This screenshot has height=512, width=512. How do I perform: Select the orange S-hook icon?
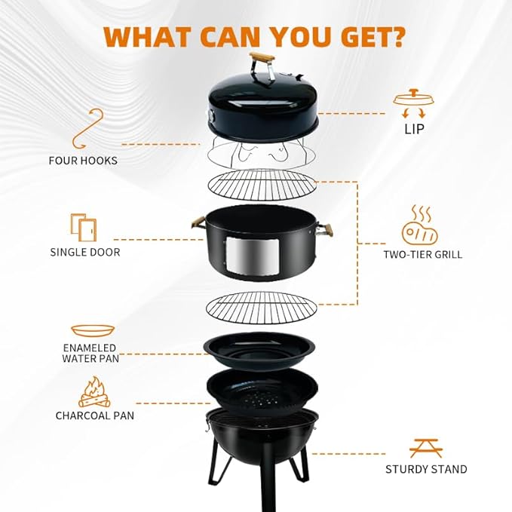coord(87,129)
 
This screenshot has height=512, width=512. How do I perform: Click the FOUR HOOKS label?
coord(83,161)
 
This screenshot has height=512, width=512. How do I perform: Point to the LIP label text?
coord(414,129)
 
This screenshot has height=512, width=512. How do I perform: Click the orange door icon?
coord(84,227)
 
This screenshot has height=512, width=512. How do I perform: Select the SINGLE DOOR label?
coord(85,252)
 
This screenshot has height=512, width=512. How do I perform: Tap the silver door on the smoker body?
coord(252,256)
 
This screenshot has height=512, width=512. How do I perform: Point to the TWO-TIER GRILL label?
coord(423,254)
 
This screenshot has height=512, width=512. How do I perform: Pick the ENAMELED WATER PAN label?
coord(90,353)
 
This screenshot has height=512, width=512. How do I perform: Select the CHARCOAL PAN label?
coord(95,415)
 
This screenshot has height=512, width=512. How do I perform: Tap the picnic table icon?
coord(426,448)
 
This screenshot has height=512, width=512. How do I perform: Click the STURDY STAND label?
coord(426,469)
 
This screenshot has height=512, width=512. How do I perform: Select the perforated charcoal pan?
coord(262,392)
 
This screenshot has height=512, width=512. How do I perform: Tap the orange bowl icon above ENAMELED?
coord(93,330)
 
